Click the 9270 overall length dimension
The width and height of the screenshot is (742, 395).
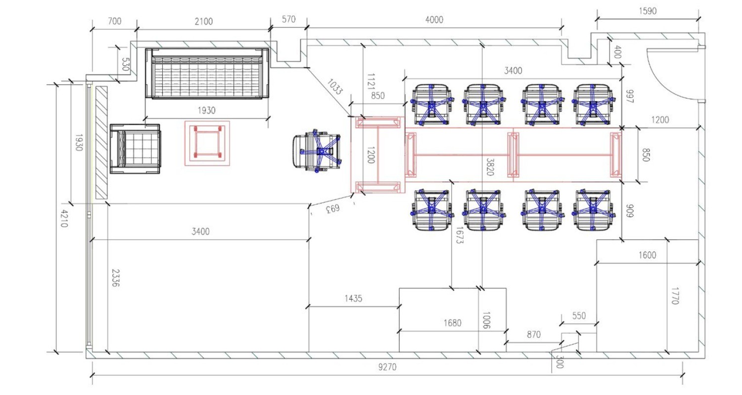point(387,367)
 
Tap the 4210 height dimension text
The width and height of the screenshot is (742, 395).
point(64,219)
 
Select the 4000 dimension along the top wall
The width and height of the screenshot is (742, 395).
point(434,20)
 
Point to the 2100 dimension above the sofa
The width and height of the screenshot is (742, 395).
point(203,22)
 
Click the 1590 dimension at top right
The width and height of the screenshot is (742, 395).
point(647,11)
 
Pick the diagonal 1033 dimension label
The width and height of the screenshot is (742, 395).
point(334,86)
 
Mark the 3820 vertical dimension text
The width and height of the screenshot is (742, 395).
point(490,167)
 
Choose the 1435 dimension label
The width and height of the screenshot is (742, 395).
point(353,299)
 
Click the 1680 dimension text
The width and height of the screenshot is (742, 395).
point(452,323)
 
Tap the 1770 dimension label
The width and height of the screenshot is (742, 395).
point(675,296)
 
